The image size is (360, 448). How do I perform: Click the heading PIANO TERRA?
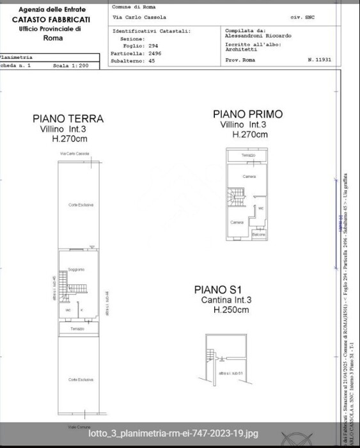(68, 118)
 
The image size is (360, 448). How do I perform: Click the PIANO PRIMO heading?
(247, 114)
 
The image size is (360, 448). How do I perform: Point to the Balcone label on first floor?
(258, 235)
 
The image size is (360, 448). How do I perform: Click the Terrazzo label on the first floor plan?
(248, 156)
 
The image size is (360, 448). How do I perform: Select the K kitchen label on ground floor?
(82, 310)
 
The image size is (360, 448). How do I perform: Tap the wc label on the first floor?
(261, 208)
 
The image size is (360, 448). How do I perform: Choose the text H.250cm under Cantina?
(231, 310)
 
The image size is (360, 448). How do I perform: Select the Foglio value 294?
(153, 46)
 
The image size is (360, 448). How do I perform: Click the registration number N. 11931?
(319, 59)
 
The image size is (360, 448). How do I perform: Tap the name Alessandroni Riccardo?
(258, 36)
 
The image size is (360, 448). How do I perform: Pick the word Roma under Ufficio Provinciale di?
(52, 38)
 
